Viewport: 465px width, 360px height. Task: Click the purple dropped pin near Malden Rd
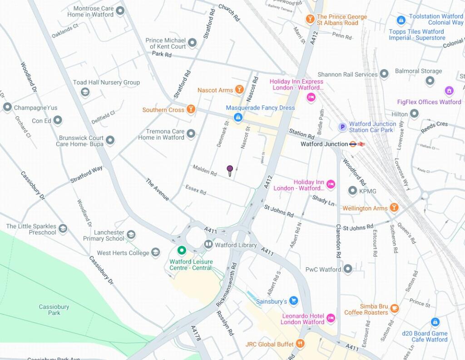(230, 170)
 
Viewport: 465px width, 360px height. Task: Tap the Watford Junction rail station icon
(357, 144)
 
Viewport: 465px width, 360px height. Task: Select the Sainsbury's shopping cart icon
(294, 301)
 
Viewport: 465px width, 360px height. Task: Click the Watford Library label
(236, 245)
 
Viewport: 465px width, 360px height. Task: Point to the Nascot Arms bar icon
(239, 90)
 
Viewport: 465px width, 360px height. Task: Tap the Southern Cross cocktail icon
(191, 110)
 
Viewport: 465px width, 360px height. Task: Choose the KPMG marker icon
(352, 191)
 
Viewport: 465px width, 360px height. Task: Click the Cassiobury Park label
(54, 310)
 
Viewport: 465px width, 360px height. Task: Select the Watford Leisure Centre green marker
(182, 250)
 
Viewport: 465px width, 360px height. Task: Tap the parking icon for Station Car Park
(343, 127)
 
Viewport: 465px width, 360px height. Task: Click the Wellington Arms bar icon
(394, 208)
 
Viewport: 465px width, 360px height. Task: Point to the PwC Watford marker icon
(348, 269)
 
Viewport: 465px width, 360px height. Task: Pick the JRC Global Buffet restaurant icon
(300, 344)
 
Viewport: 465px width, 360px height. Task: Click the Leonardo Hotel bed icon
(331, 318)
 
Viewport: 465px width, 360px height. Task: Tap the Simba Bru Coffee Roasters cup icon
(395, 309)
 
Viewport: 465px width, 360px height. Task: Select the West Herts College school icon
(156, 252)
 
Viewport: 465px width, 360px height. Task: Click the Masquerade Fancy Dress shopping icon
(237, 118)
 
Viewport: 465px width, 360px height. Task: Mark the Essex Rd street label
(196, 190)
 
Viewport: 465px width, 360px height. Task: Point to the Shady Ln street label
(323, 200)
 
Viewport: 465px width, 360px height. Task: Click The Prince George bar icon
(310, 20)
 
